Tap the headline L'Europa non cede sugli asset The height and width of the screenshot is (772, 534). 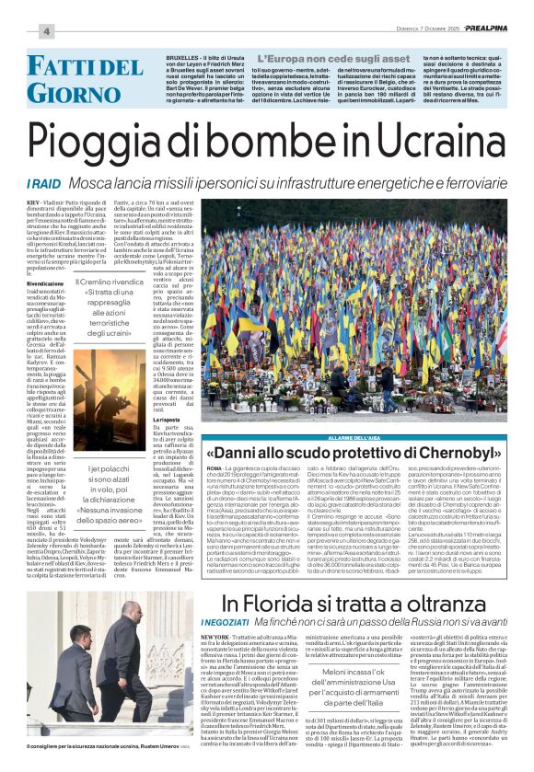point(300,58)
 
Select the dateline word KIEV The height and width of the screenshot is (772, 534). point(34,200)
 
